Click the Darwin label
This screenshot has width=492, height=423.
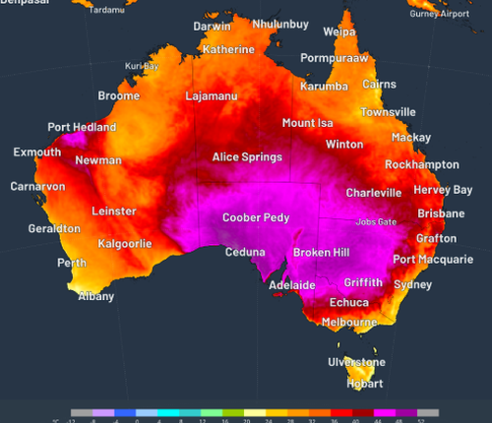212,27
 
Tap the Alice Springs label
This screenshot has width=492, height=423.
247,157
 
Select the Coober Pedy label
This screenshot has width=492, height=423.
256,217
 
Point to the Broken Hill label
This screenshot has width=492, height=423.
321,253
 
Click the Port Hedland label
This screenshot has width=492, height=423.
82,128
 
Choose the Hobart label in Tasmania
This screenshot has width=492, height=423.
365,384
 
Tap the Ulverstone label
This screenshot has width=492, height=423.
357,362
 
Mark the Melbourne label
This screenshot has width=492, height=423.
349,322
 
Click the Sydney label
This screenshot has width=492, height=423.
412,284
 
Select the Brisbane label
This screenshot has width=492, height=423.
441,213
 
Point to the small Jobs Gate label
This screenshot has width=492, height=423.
376,222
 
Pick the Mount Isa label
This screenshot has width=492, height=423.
307,123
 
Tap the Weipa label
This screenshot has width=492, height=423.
339,32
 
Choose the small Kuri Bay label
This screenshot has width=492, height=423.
142,66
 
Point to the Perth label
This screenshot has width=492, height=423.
72,264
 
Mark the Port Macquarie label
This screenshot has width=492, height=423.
433,260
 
